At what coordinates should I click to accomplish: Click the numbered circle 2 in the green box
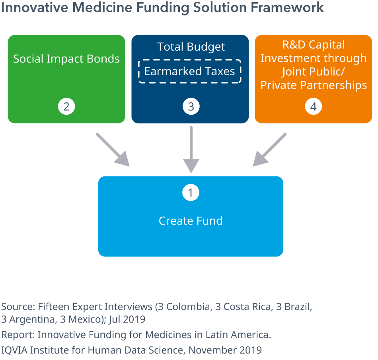[x=66, y=106]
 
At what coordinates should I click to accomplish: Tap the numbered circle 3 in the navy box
[x=191, y=106]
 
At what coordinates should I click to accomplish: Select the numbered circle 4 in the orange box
[x=314, y=106]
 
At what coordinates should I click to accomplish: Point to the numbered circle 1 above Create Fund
[x=191, y=193]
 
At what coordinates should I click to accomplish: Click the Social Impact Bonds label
[x=66, y=59]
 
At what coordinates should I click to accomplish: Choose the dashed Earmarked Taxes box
[x=190, y=71]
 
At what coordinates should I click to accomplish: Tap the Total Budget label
[x=191, y=47]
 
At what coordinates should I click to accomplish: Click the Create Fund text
[x=191, y=221]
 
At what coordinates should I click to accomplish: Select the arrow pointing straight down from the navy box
[x=191, y=150]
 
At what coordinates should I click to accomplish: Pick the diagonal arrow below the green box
[x=113, y=150]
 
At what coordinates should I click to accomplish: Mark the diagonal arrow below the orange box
[x=269, y=150]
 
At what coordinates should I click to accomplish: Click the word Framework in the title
[x=287, y=7]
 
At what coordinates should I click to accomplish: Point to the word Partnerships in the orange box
[x=334, y=85]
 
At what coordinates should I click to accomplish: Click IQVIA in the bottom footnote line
[x=14, y=350]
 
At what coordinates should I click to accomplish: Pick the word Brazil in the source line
[x=298, y=307]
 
